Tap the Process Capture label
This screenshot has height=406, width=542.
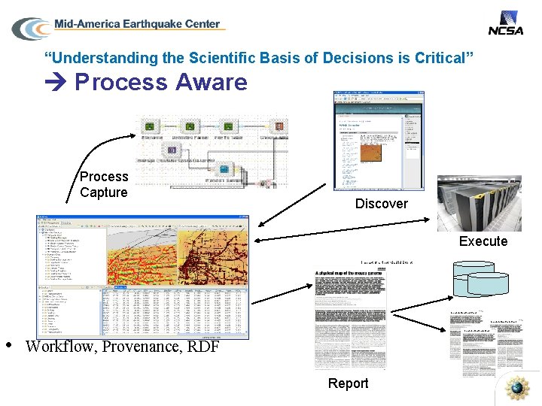104,184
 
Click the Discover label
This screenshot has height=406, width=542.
381,204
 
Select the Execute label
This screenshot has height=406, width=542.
483,241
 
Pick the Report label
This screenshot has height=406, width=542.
348,383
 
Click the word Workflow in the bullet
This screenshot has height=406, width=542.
59,347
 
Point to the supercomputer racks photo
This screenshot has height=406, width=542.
479,203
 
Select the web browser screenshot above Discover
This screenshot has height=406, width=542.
379,141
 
